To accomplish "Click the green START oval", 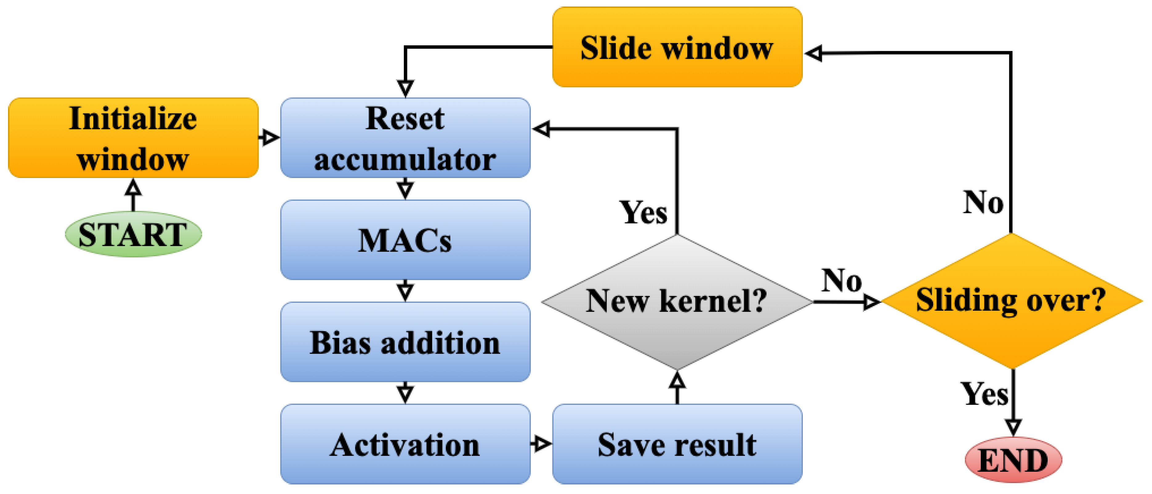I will tap(133, 234).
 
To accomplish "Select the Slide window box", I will tap(677, 47).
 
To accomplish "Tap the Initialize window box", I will tap(133, 138).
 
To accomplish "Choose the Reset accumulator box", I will tap(405, 138).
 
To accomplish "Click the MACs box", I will tap(405, 240).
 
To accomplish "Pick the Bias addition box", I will tap(405, 342).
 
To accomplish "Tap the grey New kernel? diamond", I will tap(677, 302).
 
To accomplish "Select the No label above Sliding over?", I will tap(983, 202).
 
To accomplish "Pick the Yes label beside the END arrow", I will tap(985, 394).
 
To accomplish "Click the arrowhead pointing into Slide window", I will tap(813, 53).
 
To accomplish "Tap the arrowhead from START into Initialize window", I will tap(133, 187).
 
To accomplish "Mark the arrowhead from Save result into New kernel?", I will tap(677, 380).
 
